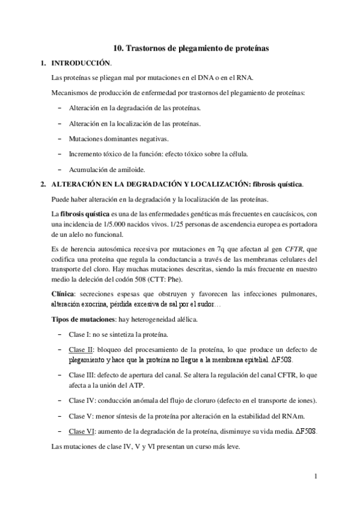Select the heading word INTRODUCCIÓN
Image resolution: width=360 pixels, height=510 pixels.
pyautogui.click(x=81, y=63)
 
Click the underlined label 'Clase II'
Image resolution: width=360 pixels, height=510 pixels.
pyautogui.click(x=81, y=349)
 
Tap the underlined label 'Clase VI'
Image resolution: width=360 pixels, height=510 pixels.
pyautogui.click(x=81, y=431)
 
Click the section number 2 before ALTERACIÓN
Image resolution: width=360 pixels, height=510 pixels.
pyautogui.click(x=41, y=183)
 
